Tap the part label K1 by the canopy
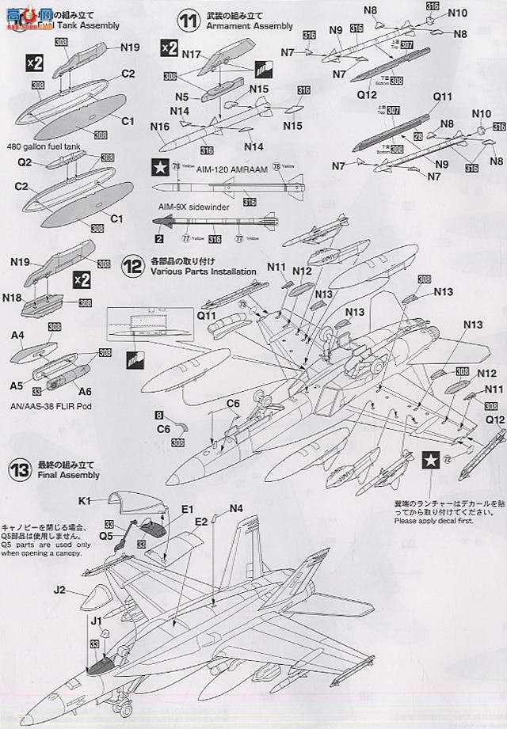[86, 500]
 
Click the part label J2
[60, 590]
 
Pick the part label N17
[189, 56]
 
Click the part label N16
[160, 126]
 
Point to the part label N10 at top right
[458, 13]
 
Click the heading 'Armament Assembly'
[217, 26]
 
